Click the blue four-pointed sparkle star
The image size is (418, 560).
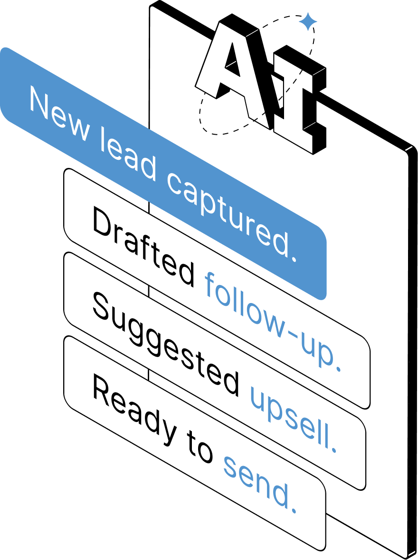click(308, 22)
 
